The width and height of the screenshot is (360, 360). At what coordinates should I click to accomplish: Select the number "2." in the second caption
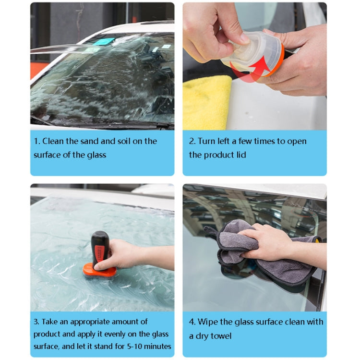point(192,141)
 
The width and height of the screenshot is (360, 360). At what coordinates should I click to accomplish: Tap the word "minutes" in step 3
point(158,347)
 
